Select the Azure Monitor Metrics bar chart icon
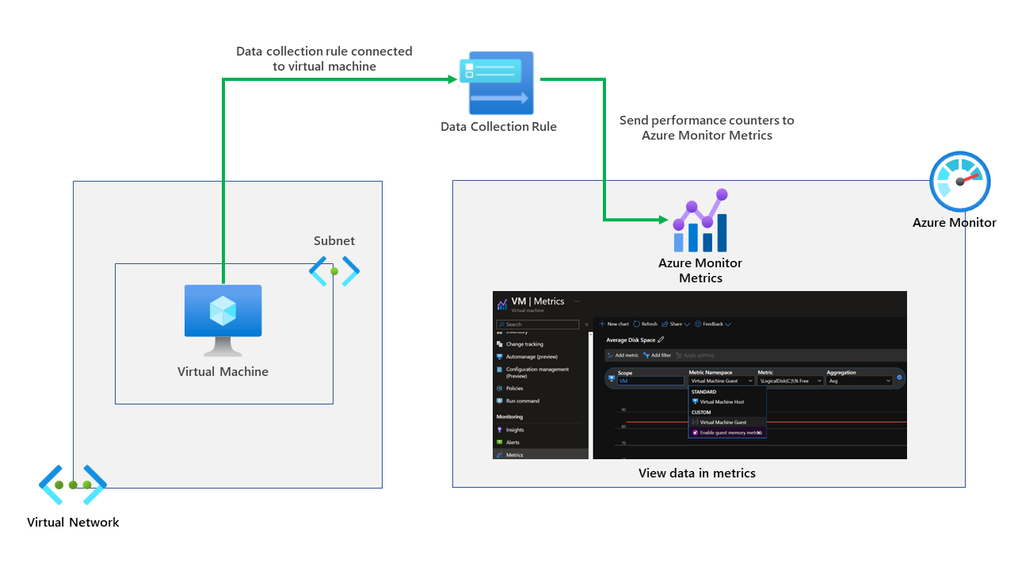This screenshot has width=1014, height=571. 700,221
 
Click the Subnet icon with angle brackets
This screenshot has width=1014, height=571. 334,271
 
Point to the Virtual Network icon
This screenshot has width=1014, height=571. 73,485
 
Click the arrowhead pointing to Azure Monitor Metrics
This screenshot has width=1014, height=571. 663,219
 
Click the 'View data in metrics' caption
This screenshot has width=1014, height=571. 697,473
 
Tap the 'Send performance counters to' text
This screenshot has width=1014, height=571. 707,121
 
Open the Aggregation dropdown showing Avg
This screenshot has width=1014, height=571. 859,381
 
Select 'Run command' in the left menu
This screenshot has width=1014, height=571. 522,400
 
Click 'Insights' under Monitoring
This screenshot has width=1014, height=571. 515,430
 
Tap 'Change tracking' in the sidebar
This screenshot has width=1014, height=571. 524,344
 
